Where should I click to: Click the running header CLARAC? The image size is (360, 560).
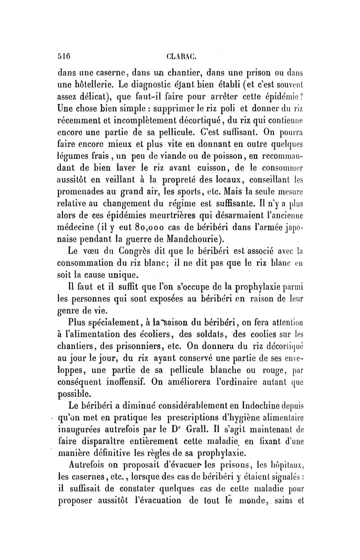point(179,57)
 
